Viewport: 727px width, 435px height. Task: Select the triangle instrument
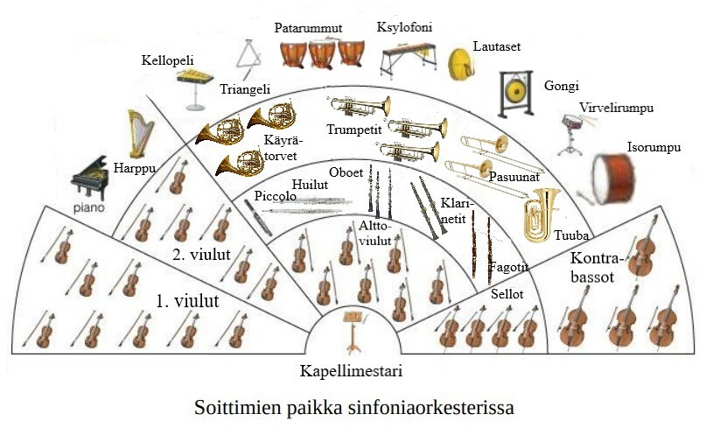click(x=248, y=59)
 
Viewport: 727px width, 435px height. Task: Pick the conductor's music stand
click(x=353, y=326)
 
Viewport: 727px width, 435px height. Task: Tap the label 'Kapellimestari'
click(x=351, y=370)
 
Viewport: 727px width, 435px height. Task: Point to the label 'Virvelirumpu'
click(x=616, y=109)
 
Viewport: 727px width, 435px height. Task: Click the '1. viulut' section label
click(x=186, y=300)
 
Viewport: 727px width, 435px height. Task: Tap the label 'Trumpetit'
click(x=351, y=130)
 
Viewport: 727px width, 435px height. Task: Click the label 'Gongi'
click(x=561, y=87)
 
